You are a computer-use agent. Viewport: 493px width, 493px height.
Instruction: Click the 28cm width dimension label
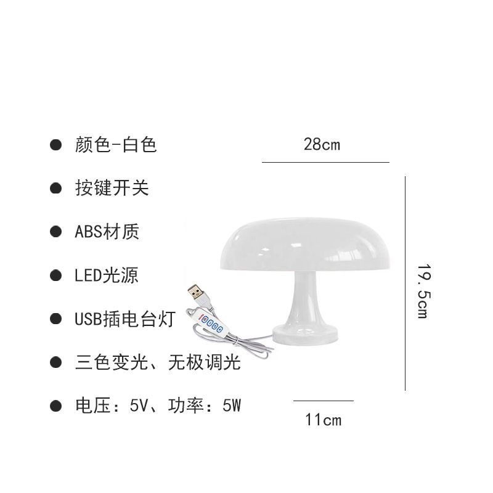tap(322, 145)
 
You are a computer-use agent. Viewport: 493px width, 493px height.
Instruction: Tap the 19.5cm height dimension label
tap(422, 291)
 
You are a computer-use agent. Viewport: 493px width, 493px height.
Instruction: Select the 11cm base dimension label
tap(323, 420)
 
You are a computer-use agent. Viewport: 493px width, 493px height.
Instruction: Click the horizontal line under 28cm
tap(325, 162)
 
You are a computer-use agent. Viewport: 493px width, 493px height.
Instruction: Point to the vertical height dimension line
tap(405, 283)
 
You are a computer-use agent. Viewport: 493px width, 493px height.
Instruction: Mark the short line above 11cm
tap(323, 401)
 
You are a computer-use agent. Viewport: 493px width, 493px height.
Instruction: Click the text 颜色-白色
tap(116, 145)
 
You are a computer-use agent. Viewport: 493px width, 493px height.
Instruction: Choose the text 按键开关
tap(112, 188)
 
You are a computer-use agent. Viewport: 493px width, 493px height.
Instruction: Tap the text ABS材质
tap(107, 232)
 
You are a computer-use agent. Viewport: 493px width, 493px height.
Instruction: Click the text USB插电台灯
tap(125, 319)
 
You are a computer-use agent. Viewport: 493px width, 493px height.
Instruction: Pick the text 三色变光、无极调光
tap(157, 362)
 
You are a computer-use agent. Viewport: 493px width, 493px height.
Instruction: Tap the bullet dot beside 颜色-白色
tap(56, 145)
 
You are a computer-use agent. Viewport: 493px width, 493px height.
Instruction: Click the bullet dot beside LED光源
tap(56, 275)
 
